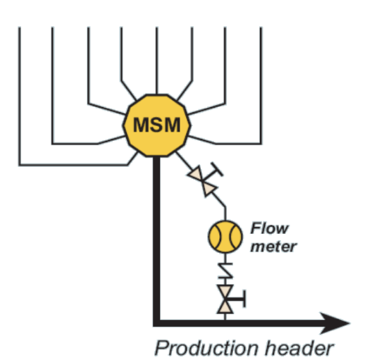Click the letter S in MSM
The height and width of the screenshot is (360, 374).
[x=156, y=125]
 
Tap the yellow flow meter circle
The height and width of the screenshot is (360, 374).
[x=225, y=237]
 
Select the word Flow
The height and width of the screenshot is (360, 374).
[x=270, y=228]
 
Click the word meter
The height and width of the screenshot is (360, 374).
[x=273, y=247]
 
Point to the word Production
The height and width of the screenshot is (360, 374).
[x=207, y=348]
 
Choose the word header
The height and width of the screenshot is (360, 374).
[x=299, y=348]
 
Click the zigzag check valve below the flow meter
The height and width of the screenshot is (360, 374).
[x=225, y=271]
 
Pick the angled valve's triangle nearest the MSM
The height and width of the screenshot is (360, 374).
[x=196, y=174]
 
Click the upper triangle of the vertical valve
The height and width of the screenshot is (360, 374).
[x=225, y=291]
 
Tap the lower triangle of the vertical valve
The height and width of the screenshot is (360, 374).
[x=225, y=306]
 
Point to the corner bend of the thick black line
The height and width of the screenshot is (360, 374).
[x=156, y=323]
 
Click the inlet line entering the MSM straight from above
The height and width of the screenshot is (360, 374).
[x=156, y=61]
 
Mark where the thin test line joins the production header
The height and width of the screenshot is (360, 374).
[x=225, y=320]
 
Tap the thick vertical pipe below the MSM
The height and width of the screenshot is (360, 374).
[x=156, y=239]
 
